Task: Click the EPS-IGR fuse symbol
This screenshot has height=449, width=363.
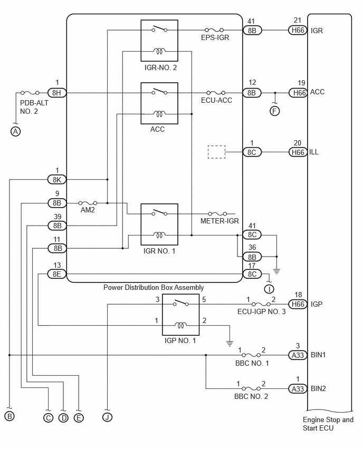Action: [214, 30]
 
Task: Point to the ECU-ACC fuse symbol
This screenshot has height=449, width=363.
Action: [216, 93]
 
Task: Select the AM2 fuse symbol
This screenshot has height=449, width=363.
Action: [88, 203]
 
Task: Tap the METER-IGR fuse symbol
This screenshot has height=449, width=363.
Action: [217, 213]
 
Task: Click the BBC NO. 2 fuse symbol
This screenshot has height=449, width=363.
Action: [251, 388]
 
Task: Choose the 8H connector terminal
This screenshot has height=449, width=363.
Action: [56, 93]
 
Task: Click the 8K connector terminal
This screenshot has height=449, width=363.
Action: [57, 180]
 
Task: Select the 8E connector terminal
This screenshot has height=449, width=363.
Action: [57, 274]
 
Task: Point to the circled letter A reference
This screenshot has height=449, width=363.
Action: [15, 131]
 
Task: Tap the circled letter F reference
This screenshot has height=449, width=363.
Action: [275, 111]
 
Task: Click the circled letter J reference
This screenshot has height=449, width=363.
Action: [108, 417]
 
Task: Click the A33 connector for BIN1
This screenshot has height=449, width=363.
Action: [298, 355]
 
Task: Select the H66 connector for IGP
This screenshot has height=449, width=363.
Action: [298, 304]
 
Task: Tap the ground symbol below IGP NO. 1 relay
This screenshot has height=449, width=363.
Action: [230, 343]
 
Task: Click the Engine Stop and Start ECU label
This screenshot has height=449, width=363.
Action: [328, 424]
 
